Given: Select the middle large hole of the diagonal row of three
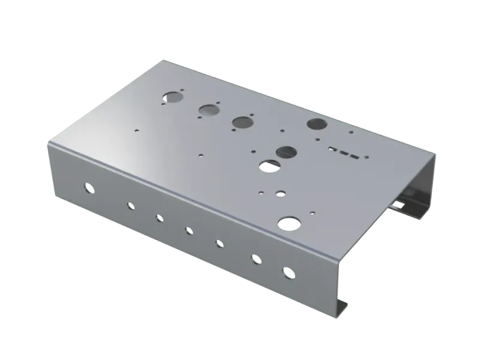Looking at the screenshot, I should click(x=208, y=110).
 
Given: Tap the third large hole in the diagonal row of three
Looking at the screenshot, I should click(x=242, y=122).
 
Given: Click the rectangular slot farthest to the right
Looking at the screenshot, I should click(x=354, y=157).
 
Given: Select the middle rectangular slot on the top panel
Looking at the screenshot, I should click(x=341, y=151).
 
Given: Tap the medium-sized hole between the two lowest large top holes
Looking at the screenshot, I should click(x=280, y=194).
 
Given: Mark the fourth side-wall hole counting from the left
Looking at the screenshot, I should click(x=189, y=230).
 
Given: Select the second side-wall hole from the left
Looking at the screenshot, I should click(x=130, y=206).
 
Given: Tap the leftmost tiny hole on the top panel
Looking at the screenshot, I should click(x=137, y=128).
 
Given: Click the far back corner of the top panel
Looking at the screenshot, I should click(x=161, y=59).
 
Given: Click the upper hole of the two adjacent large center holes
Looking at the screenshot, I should click(x=286, y=152).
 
